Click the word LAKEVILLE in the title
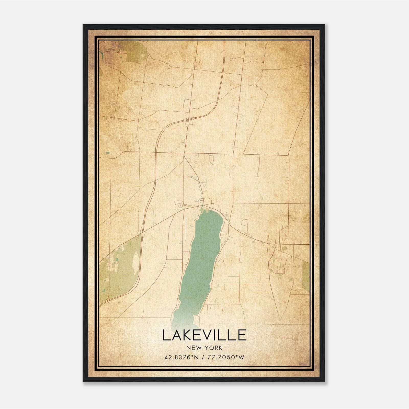tap(204, 335)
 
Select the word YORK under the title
tap(214, 348)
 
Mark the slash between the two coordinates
tap(202, 357)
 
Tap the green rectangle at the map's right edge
tap(305, 276)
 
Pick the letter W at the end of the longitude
tap(242, 357)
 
